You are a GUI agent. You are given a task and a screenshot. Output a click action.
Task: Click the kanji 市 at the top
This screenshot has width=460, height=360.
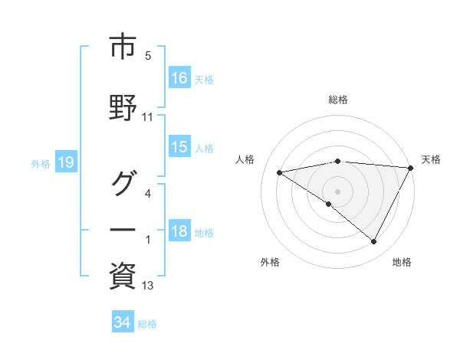tap(123, 47)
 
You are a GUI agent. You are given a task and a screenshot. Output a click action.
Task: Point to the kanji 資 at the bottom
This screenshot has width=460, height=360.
tap(123, 275)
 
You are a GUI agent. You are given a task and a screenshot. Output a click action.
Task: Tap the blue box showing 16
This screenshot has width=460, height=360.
tap(179, 78)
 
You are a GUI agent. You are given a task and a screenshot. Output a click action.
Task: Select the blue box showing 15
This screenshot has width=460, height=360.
tap(179, 147)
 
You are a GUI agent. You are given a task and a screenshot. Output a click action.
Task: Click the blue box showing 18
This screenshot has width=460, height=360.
tap(179, 232)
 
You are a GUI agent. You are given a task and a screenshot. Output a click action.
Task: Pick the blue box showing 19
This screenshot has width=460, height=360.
tap(65, 162)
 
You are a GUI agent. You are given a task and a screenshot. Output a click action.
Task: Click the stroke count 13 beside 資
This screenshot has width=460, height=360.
tap(148, 286)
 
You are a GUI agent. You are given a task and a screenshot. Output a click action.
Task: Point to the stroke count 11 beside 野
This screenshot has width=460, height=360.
tap(148, 118)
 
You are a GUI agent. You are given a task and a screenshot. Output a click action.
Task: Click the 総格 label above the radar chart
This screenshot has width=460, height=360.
tap(337, 100)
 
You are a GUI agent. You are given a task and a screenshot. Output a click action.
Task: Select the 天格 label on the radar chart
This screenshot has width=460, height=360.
tap(431, 159)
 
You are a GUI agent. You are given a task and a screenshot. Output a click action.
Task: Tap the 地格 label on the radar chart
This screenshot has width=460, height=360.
tap(402, 262)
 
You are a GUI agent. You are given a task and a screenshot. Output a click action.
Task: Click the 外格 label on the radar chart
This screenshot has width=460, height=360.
tap(270, 262)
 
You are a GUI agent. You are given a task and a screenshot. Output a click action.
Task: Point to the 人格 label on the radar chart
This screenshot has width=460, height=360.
tap(245, 159)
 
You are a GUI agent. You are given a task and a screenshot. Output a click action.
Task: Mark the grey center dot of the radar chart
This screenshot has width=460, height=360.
tap(337, 191)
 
